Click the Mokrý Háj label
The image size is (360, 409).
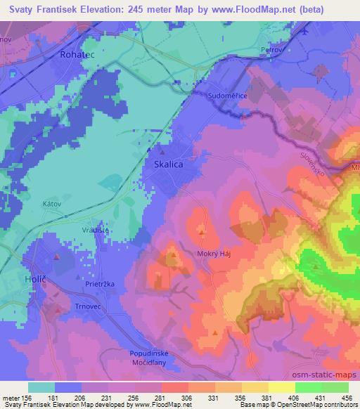pos(214,255)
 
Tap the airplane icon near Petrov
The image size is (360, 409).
pos(307,31)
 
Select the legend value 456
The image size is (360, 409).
pos(347,398)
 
